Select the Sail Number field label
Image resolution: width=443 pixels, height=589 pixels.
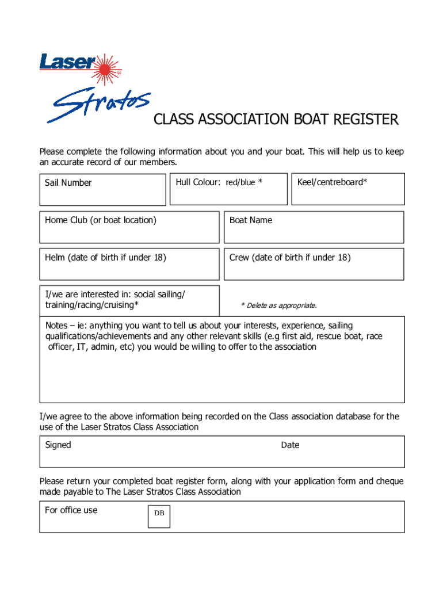[68, 183]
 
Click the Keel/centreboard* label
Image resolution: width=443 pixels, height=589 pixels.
[332, 182]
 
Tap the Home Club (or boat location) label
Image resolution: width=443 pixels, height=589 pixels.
[101, 220]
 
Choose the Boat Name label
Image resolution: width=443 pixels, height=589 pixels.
[251, 220]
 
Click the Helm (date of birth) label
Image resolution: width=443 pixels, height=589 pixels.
[105, 258]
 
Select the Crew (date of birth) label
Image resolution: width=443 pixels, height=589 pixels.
[290, 258]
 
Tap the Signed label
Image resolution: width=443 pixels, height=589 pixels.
[58, 445]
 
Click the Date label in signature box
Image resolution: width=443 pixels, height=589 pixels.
[290, 445]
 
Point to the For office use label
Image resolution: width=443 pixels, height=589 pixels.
[71, 510]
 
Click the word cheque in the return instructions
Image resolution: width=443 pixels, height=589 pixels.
[389, 481]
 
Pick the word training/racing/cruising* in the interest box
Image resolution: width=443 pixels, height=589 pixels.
[91, 305]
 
